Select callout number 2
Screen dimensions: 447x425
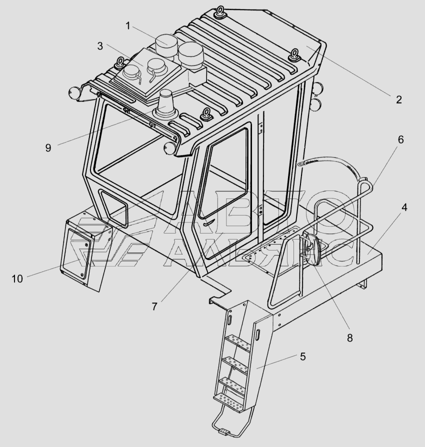(398, 99)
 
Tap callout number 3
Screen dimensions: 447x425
(100, 46)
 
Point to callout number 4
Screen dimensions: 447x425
(404, 207)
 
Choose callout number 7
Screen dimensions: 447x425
(154, 306)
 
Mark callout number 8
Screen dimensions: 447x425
(349, 337)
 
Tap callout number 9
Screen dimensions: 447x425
(48, 148)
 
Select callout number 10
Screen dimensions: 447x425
(17, 278)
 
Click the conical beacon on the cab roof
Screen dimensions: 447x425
(167, 103)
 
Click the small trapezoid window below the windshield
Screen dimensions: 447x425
(113, 206)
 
